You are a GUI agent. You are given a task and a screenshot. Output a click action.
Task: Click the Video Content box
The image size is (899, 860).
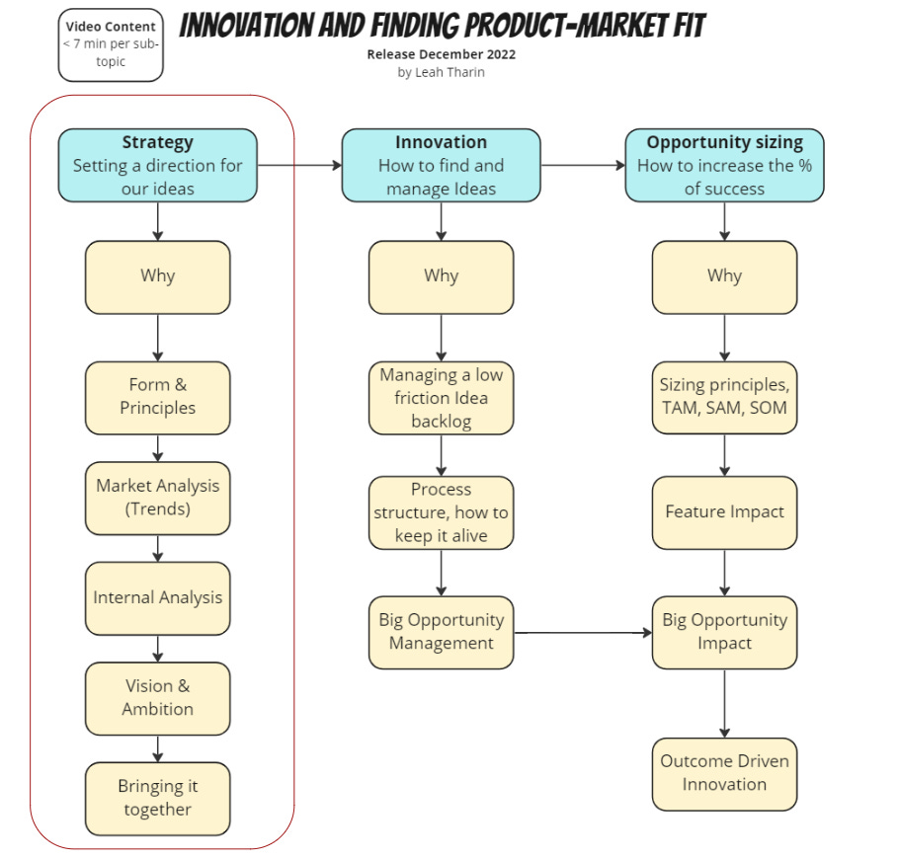point(111,44)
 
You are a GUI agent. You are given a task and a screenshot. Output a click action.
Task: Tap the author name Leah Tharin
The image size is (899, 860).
point(441,72)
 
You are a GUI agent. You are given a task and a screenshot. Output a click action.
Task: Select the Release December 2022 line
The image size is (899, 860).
point(441,54)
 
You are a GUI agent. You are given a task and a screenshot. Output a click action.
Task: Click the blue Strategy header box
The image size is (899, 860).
point(158,165)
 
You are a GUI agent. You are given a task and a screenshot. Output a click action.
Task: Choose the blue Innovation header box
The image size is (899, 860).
point(441,165)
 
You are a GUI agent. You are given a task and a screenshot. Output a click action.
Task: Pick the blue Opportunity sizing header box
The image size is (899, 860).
point(724,165)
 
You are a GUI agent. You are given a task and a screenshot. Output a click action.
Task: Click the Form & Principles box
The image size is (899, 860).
point(158,397)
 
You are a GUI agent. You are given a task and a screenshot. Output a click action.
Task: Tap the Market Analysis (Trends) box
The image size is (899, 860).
point(158,498)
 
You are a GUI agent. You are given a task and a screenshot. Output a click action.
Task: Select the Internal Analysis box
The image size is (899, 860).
point(158,597)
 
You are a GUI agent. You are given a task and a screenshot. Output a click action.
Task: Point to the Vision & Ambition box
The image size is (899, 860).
point(158,697)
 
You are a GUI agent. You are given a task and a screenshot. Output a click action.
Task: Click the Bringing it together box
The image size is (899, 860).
point(158,798)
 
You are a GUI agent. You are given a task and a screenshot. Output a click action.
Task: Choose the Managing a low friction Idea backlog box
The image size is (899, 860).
point(441,398)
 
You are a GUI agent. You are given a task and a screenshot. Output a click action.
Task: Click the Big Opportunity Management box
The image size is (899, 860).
point(441,632)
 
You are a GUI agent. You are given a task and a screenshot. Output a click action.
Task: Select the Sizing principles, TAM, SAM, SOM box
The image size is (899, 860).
point(724,397)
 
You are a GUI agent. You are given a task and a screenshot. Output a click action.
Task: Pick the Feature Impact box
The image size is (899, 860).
point(724,512)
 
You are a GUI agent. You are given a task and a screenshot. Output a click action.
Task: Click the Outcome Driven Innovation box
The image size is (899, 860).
point(724,773)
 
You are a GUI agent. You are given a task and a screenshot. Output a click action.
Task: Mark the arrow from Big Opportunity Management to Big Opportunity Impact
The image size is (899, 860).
point(583,632)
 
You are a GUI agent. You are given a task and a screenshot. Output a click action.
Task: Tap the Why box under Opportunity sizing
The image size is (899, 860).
point(724,276)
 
